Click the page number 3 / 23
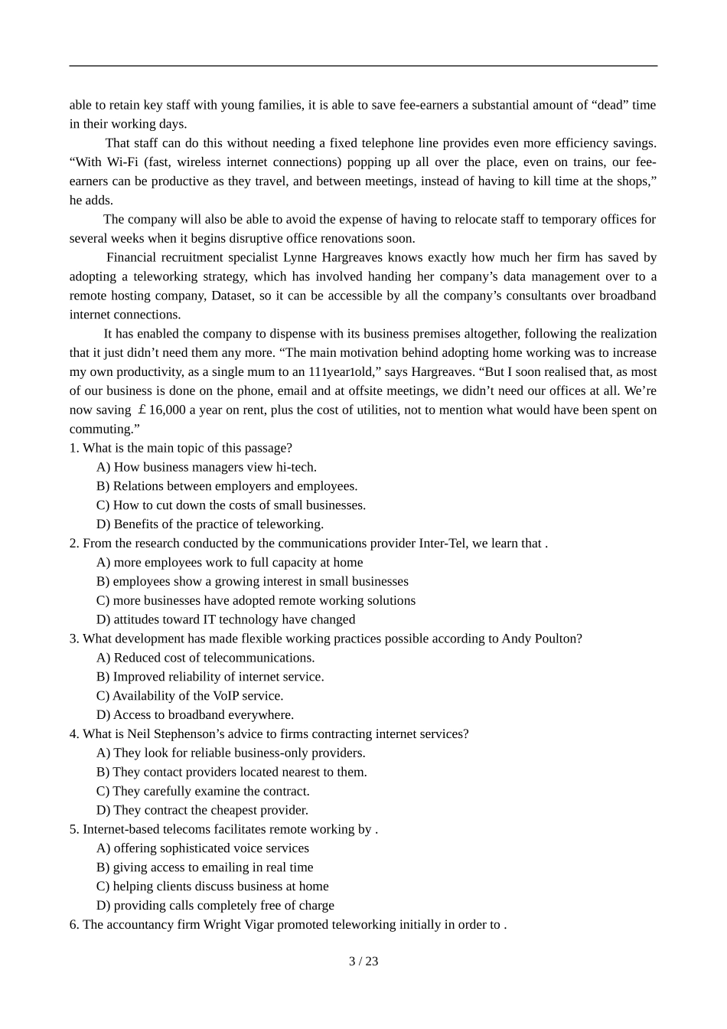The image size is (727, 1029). (363, 962)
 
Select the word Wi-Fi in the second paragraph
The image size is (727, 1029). (128, 162)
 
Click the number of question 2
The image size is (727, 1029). (74, 544)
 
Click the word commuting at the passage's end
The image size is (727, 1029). (99, 430)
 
